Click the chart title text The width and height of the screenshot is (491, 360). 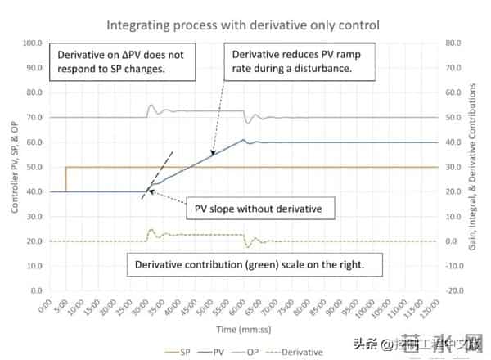tap(245, 15)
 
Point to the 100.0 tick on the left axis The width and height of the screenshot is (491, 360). tap(32, 43)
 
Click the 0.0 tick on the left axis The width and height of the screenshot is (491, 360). tap(34, 290)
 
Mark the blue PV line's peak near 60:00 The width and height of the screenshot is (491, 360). tap(244, 139)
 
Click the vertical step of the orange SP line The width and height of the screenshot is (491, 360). tap(65, 180)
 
